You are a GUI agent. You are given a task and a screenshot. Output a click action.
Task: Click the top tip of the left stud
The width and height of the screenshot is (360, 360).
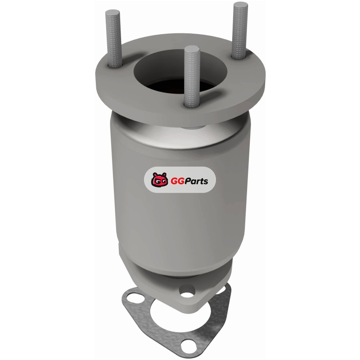click(113, 10)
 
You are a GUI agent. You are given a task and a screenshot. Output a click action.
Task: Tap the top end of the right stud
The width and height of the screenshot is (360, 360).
click(241, 3)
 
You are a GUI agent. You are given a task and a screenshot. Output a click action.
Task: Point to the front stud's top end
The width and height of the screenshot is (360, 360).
click(192, 47)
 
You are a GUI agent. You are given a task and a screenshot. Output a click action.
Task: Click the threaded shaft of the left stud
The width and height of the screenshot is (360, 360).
click(113, 39)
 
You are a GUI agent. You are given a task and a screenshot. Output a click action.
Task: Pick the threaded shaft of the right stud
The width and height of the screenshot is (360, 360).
click(240, 30)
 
